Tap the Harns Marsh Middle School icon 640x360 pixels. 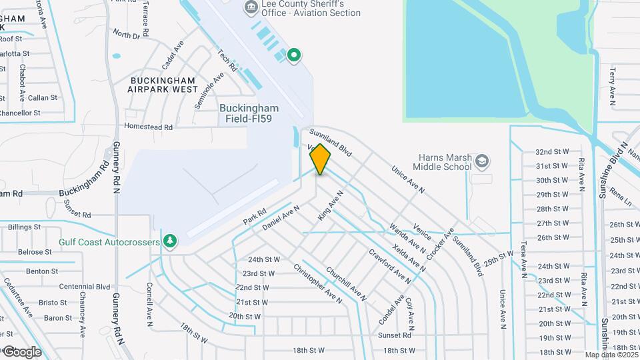[483, 161]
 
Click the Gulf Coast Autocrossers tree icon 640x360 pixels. [171, 241]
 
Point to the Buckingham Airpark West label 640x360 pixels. [163, 84]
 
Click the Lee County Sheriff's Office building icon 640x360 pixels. [251, 8]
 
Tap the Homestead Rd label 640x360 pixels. [149, 127]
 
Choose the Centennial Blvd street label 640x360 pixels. [84, 287]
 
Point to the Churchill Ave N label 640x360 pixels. [345, 285]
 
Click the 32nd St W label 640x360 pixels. [553, 151]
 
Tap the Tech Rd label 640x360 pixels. [228, 60]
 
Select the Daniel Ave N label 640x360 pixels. [281, 217]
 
